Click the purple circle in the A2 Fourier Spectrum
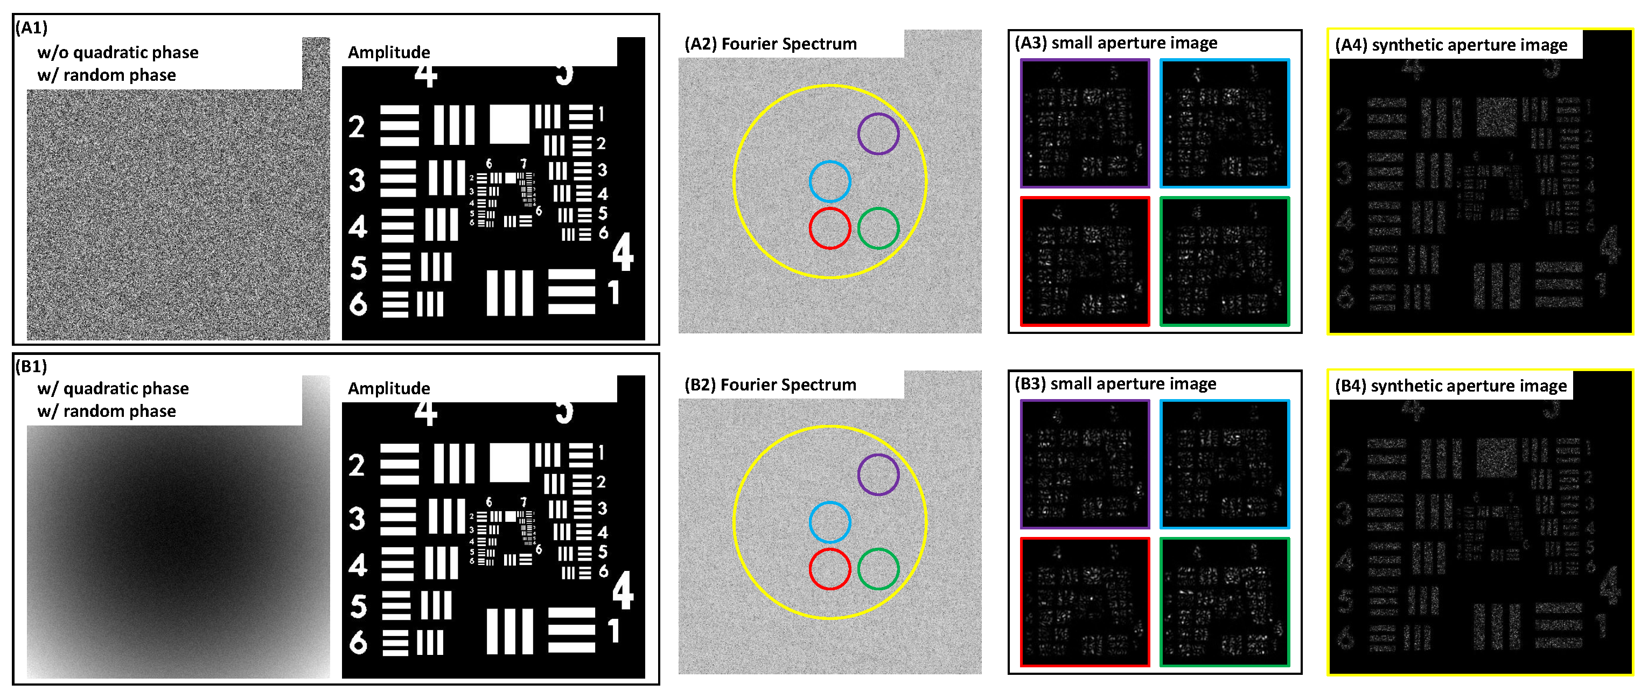point(878,134)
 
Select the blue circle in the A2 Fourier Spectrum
point(829,182)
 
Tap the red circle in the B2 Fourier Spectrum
point(829,569)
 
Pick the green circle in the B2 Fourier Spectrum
point(878,569)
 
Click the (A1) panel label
point(31,27)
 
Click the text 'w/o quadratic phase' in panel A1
point(118,52)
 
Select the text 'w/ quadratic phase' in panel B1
point(113,388)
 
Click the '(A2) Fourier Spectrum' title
point(770,44)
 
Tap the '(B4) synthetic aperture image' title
point(1450,386)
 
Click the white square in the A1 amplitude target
point(509,124)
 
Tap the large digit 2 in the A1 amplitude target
point(357,127)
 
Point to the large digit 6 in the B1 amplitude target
point(358,641)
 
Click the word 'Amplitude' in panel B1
point(388,388)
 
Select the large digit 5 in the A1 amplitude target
point(358,268)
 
